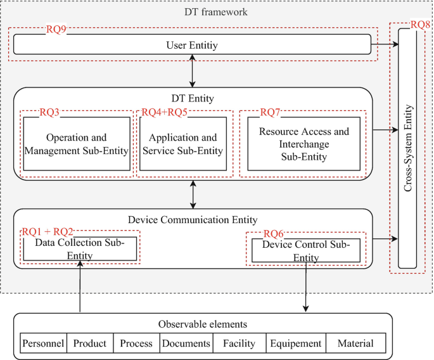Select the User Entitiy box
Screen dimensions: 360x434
(x=191, y=44)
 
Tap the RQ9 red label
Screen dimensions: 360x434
(x=56, y=29)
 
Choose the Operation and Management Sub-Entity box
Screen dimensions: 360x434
(x=77, y=145)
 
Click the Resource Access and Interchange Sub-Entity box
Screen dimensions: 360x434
(x=303, y=145)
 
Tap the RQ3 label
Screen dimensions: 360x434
(x=49, y=113)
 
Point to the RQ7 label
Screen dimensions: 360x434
(x=271, y=113)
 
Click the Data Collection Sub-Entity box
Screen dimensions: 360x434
(x=80, y=249)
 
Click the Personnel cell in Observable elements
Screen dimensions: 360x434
(x=43, y=344)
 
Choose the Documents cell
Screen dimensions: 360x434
(x=186, y=344)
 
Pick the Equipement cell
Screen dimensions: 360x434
(x=296, y=344)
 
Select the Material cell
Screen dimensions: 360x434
(x=355, y=344)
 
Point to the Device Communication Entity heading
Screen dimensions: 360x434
(x=192, y=220)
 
